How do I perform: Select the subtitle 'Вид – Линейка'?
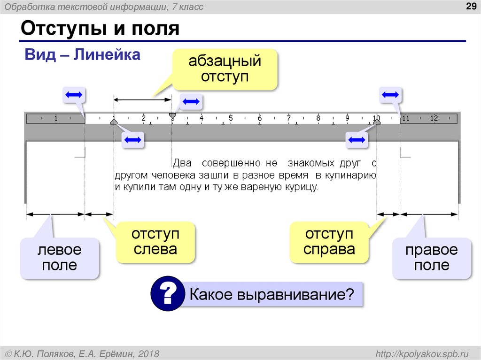[83, 55]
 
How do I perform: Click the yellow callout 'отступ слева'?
[155, 242]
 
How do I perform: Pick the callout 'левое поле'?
[59, 258]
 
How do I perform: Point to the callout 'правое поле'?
[431, 258]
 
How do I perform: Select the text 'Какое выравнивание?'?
[271, 295]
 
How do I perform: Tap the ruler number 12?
[433, 118]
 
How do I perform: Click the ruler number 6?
[259, 118]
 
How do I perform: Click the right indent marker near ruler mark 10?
[377, 122]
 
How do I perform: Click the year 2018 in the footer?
[149, 353]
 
